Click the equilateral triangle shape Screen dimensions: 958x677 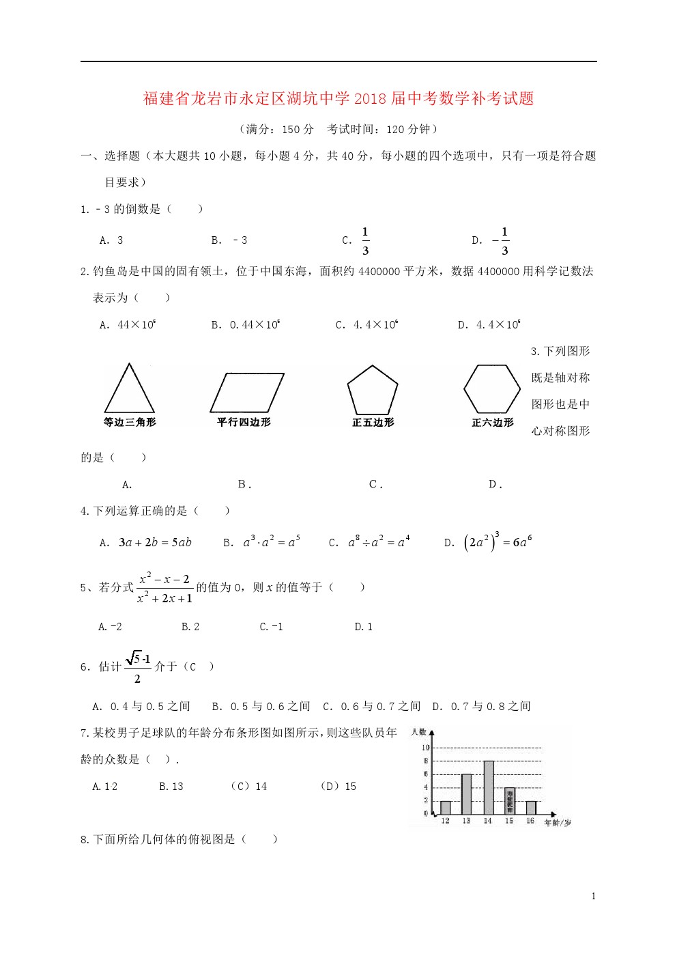click(x=130, y=389)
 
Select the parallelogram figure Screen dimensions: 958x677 click(x=246, y=393)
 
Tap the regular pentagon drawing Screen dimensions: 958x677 click(x=373, y=391)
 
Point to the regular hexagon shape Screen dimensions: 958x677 click(x=492, y=389)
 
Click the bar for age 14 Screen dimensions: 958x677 click(x=488, y=787)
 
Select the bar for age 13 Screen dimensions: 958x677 click(x=467, y=794)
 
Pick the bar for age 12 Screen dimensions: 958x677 click(x=446, y=808)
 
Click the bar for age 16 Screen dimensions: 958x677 click(x=531, y=808)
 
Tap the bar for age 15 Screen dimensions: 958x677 click(x=510, y=801)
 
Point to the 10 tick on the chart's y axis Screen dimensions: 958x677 click(x=425, y=748)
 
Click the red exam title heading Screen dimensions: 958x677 click(x=338, y=98)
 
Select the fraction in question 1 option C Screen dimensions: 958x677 click(x=365, y=241)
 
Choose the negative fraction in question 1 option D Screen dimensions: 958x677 click(x=501, y=241)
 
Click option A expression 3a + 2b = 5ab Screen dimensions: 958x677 click(x=155, y=543)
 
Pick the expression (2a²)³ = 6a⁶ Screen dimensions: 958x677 click(x=498, y=542)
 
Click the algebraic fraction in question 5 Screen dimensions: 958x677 click(x=164, y=588)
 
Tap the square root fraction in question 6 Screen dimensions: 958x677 click(x=138, y=667)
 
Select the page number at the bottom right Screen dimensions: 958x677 click(x=594, y=897)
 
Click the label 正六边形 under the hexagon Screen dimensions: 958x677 click(x=493, y=423)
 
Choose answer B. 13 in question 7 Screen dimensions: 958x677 click(x=171, y=787)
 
